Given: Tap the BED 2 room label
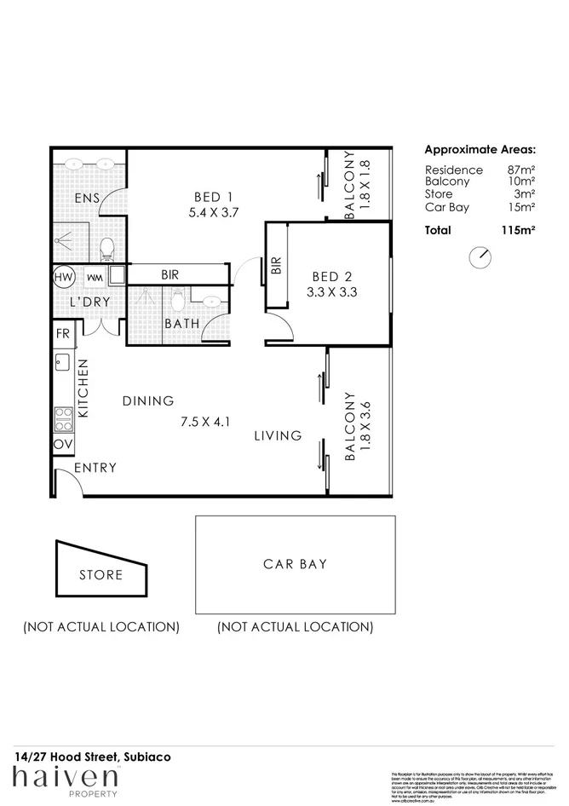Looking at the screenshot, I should coord(333,276).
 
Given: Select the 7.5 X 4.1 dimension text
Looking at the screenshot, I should coord(206,421).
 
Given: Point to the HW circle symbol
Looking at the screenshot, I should coord(63,278).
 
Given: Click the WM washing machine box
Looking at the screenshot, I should coord(95,278).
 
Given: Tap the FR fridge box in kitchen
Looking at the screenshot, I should coord(62,334).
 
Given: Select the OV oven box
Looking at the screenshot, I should coord(62,445).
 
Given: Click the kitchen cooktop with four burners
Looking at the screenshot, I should coord(63,418).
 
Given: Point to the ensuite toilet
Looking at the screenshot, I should coord(107,248).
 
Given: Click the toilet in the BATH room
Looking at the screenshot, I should coord(178,299).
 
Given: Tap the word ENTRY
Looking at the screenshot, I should coord(95,468).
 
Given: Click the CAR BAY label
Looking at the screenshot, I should coord(295,564).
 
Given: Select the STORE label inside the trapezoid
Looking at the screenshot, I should coord(101,575).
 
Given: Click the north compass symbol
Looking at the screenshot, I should coord(480,256).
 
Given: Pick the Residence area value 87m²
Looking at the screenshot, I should coord(520,170).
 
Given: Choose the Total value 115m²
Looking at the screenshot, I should coord(518,230).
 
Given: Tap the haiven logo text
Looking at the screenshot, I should coord(65,777).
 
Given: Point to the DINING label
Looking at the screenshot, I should coord(147,400).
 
